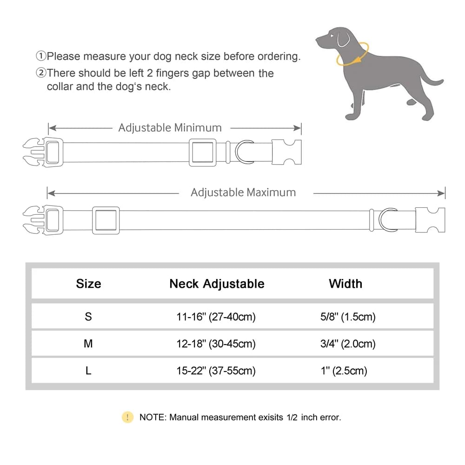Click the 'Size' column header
pyautogui.click(x=88, y=284)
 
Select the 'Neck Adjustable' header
pyautogui.click(x=217, y=284)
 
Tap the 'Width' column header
pyautogui.click(x=345, y=284)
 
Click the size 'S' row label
pyautogui.click(x=88, y=317)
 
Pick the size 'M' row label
pyautogui.click(x=88, y=344)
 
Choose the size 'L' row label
pyautogui.click(x=88, y=371)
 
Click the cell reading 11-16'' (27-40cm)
pyautogui.click(x=216, y=317)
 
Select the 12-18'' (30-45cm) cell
pyautogui.click(x=216, y=344)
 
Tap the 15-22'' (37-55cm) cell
pyautogui.click(x=216, y=371)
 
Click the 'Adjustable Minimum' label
pyautogui.click(x=170, y=127)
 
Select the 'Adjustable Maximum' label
pyautogui.click(x=243, y=192)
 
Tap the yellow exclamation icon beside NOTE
pyautogui.click(x=127, y=417)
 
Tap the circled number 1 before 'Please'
pyautogui.click(x=41, y=57)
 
